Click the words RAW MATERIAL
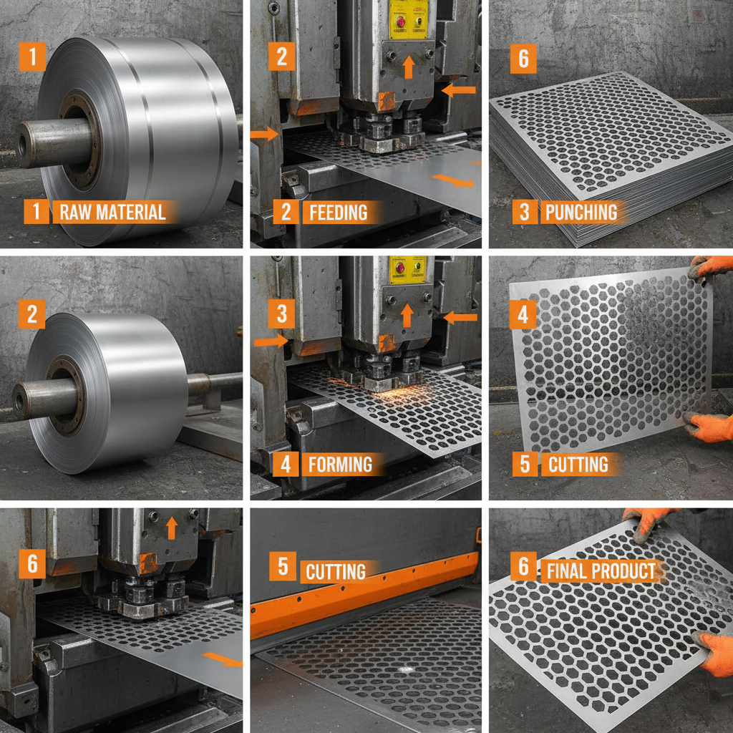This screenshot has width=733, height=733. coord(112,212)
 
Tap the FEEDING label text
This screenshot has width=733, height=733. coord(338,212)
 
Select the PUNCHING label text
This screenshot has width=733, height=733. coord(581,212)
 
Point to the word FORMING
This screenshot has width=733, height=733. coord(340,464)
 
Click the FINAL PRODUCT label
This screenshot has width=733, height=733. coord(601,571)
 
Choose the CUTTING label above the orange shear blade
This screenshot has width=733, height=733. coord(336,571)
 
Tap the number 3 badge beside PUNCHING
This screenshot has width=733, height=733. coord(523,213)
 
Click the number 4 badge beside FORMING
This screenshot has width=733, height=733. coord(286,464)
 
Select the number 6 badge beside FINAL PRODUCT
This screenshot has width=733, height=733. coord(523,568)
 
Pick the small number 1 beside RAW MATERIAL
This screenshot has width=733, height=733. coord(36,212)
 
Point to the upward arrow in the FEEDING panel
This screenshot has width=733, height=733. coord(408,67)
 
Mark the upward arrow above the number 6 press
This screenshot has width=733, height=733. coord(171,528)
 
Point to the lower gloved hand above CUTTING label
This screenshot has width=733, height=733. coord(709,426)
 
